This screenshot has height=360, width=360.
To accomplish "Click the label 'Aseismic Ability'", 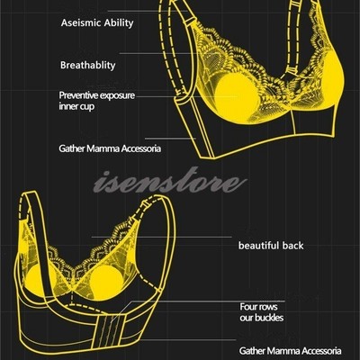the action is (97, 23).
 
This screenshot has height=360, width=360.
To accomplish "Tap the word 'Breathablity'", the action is (88, 66).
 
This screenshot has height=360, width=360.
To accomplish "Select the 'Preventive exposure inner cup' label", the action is (97, 101).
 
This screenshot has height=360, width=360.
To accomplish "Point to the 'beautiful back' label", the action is (271, 246).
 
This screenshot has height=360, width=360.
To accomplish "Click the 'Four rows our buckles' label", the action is (262, 312).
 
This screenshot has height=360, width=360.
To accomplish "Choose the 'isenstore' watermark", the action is (170, 180).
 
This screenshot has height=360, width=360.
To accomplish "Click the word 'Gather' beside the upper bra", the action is (72, 148).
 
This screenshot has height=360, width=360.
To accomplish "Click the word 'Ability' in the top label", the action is (119, 23).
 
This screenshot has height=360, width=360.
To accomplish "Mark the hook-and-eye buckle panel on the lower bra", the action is (111, 329).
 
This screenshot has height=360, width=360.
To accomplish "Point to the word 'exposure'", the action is (117, 96).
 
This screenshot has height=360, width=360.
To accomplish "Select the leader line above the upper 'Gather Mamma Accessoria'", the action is (170, 139).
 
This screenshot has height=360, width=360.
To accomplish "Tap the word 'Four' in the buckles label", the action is (247, 307).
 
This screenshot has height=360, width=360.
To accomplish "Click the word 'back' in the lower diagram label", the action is (292, 246).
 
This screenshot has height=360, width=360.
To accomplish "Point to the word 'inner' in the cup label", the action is (67, 106).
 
